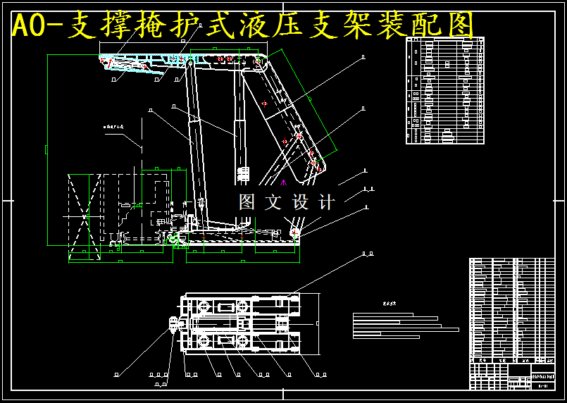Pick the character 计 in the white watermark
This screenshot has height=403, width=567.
[326, 203]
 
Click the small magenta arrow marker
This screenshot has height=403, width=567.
[284, 182]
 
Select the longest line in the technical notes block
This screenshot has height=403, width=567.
[406, 329]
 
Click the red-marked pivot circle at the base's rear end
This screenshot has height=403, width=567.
[294, 231]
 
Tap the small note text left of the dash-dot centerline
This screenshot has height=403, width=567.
[113, 127]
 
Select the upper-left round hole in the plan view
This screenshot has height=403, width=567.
[205, 307]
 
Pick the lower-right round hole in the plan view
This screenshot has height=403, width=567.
[243, 342]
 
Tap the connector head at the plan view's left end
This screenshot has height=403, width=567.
[174, 324]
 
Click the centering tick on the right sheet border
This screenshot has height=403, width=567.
[561, 201]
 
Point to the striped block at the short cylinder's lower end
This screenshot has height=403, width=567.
[244, 174]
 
